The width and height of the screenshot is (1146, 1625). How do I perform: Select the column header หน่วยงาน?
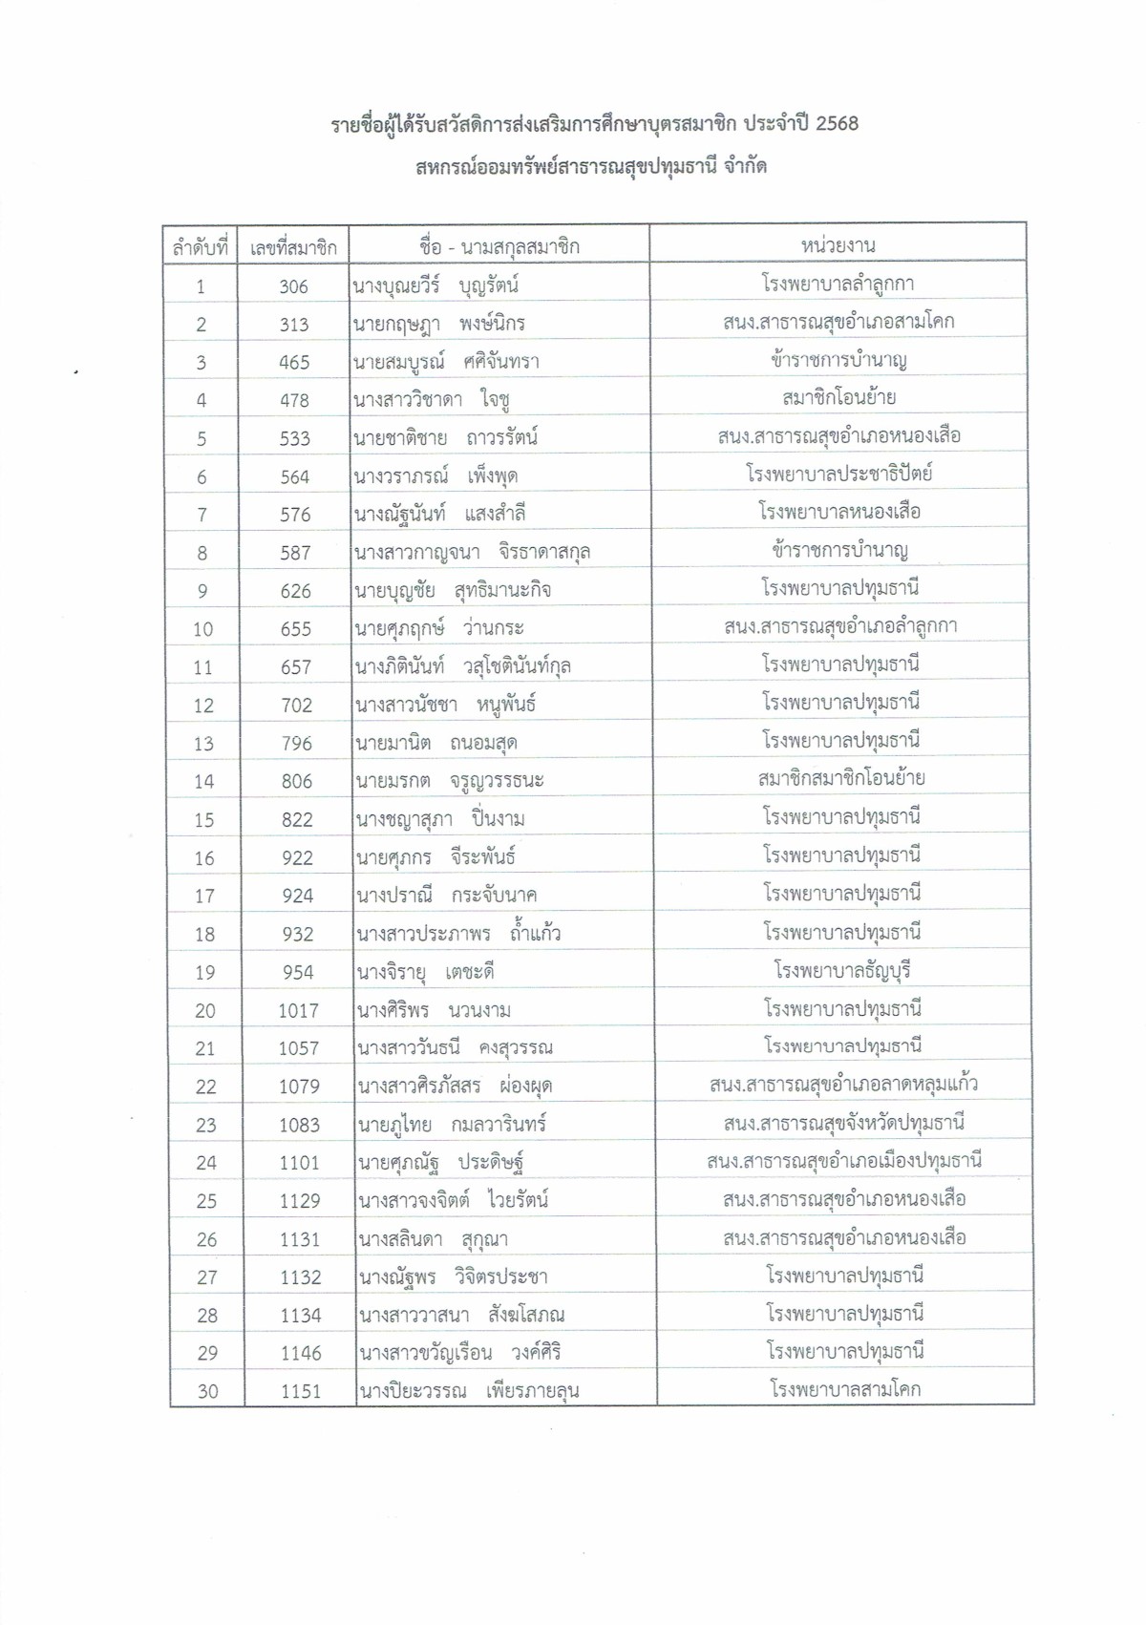838,245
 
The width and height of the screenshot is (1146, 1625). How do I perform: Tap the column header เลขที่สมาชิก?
293,248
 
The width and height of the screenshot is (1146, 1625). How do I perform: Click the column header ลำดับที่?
201,248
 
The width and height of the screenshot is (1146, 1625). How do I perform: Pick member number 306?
293,286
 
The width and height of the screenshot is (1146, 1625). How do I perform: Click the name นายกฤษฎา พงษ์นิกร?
438,324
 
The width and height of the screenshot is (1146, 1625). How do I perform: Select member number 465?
294,363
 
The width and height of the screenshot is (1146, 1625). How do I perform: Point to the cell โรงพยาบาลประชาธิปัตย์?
838,474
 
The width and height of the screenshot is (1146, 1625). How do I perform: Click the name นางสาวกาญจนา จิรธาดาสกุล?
472,552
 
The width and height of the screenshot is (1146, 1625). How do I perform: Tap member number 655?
295,629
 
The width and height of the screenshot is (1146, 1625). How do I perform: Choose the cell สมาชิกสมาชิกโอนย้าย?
840,779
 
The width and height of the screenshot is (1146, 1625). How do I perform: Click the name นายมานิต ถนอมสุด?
435,743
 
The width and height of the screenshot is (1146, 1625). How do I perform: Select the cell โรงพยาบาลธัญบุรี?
841,971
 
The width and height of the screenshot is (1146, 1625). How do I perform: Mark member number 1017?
298,1010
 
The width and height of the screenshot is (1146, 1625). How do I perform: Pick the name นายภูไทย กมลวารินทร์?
452,1125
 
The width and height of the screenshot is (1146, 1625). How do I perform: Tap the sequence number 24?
206,1163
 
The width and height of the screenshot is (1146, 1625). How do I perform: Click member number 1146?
300,1353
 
